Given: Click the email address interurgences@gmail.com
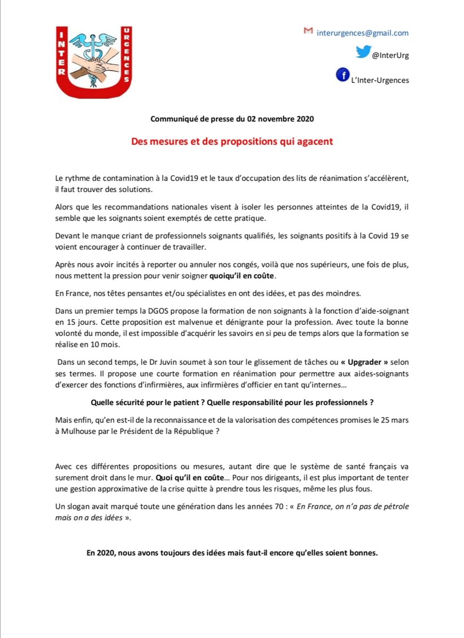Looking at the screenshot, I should click(x=362, y=32).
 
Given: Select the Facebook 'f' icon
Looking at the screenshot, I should click(x=343, y=75).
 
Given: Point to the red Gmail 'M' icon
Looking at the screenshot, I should click(x=307, y=31).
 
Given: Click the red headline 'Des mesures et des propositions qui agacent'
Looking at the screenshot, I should click(x=232, y=142).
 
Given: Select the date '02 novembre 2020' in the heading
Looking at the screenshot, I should click(x=281, y=119).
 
